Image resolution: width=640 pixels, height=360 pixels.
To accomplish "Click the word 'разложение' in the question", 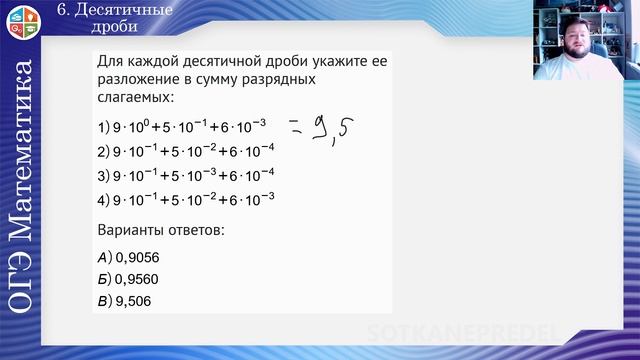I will pos(144,80).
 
